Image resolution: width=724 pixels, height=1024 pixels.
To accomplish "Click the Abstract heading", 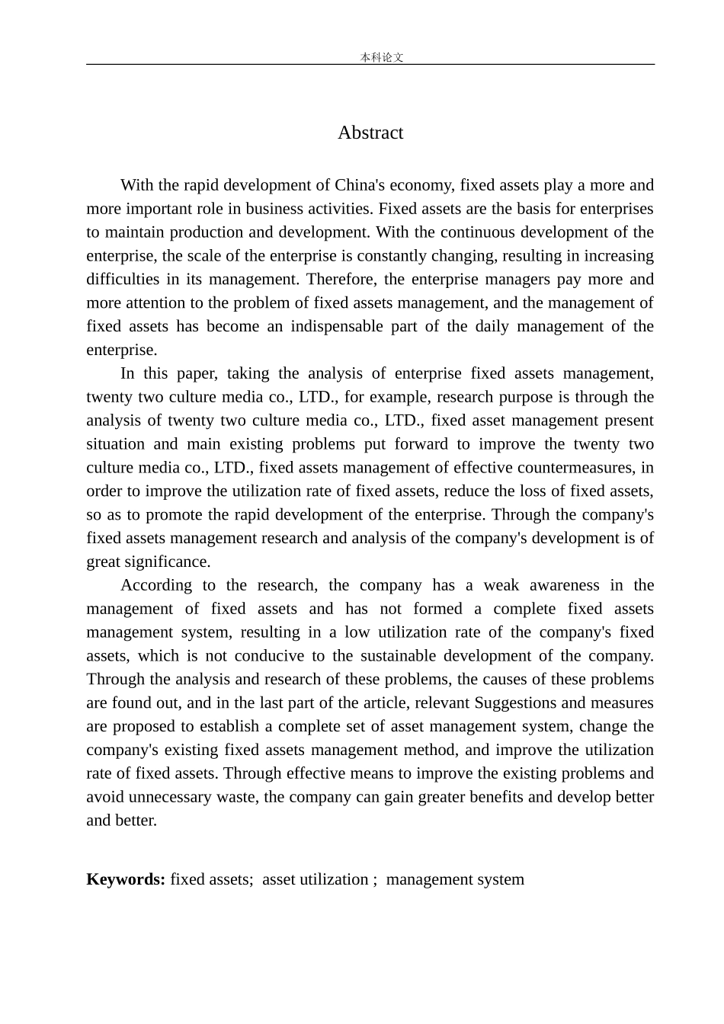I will [x=370, y=133].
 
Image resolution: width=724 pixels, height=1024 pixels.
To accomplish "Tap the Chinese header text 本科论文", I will [x=381, y=58].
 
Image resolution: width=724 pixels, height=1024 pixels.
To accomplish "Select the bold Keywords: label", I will [x=126, y=879].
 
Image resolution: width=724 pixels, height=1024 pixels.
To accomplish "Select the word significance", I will [x=171, y=562].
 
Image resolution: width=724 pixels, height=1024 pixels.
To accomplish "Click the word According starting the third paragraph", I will [x=156, y=585].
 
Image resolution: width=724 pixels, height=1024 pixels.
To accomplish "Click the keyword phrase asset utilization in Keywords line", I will [x=315, y=879].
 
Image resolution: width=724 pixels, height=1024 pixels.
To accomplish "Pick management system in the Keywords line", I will [x=455, y=879].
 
